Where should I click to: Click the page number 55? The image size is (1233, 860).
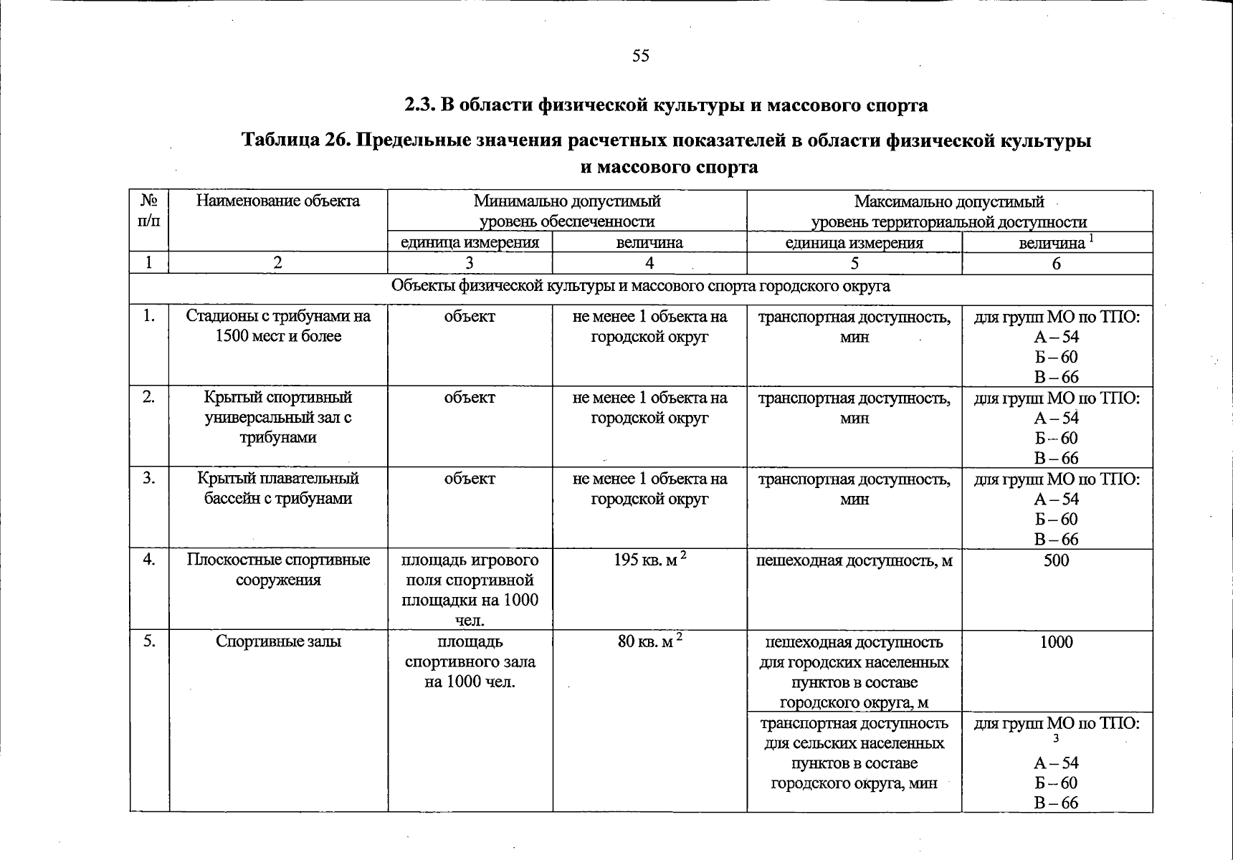pos(640,56)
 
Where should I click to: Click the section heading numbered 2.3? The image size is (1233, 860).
pos(666,105)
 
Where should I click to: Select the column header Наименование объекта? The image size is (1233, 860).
pos(278,201)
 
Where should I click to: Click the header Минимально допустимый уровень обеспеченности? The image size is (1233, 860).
pos(566,211)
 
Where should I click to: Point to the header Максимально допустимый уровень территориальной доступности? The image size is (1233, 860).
pos(948,211)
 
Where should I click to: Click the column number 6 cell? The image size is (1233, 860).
pos(1056,264)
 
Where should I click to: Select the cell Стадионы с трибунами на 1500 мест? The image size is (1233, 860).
pos(278,326)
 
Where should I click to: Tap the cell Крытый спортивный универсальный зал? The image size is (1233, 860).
pos(278,417)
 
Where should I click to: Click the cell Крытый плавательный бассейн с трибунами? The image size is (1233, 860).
pos(278,488)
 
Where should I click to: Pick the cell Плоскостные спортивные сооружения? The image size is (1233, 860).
pos(278,570)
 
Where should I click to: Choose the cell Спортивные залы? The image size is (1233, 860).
pos(278,641)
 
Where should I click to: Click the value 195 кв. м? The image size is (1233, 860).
pos(649,560)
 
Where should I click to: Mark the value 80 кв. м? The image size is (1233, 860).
pos(649,641)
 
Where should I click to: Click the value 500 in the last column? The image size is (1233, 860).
pos(1056,560)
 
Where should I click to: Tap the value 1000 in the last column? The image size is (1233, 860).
pos(1056,641)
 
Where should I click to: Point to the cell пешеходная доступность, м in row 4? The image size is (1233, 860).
pos(854,560)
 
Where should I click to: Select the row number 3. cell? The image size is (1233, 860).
pos(149,478)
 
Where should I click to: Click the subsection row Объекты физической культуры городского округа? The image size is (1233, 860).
pos(640,287)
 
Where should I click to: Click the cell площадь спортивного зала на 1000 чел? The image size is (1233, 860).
pos(470,661)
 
